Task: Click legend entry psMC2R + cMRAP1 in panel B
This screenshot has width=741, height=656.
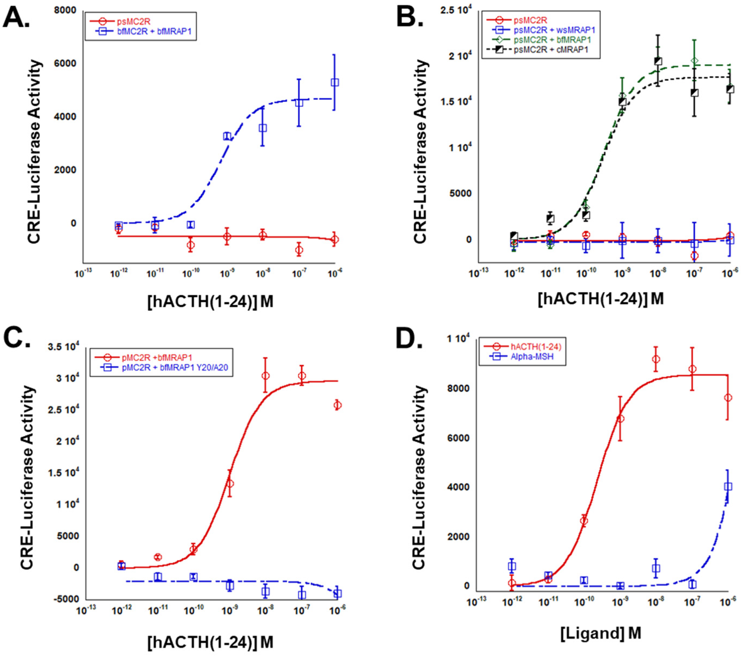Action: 551,50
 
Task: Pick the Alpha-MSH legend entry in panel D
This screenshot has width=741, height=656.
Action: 532,356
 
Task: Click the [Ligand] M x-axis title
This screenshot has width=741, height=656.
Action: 601,633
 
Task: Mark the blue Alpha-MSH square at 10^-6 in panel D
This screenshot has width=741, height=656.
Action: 728,487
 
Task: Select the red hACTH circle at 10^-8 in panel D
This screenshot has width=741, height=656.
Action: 656,360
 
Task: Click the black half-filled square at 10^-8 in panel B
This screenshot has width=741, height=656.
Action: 658,61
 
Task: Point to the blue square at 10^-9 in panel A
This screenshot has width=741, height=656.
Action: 227,136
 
